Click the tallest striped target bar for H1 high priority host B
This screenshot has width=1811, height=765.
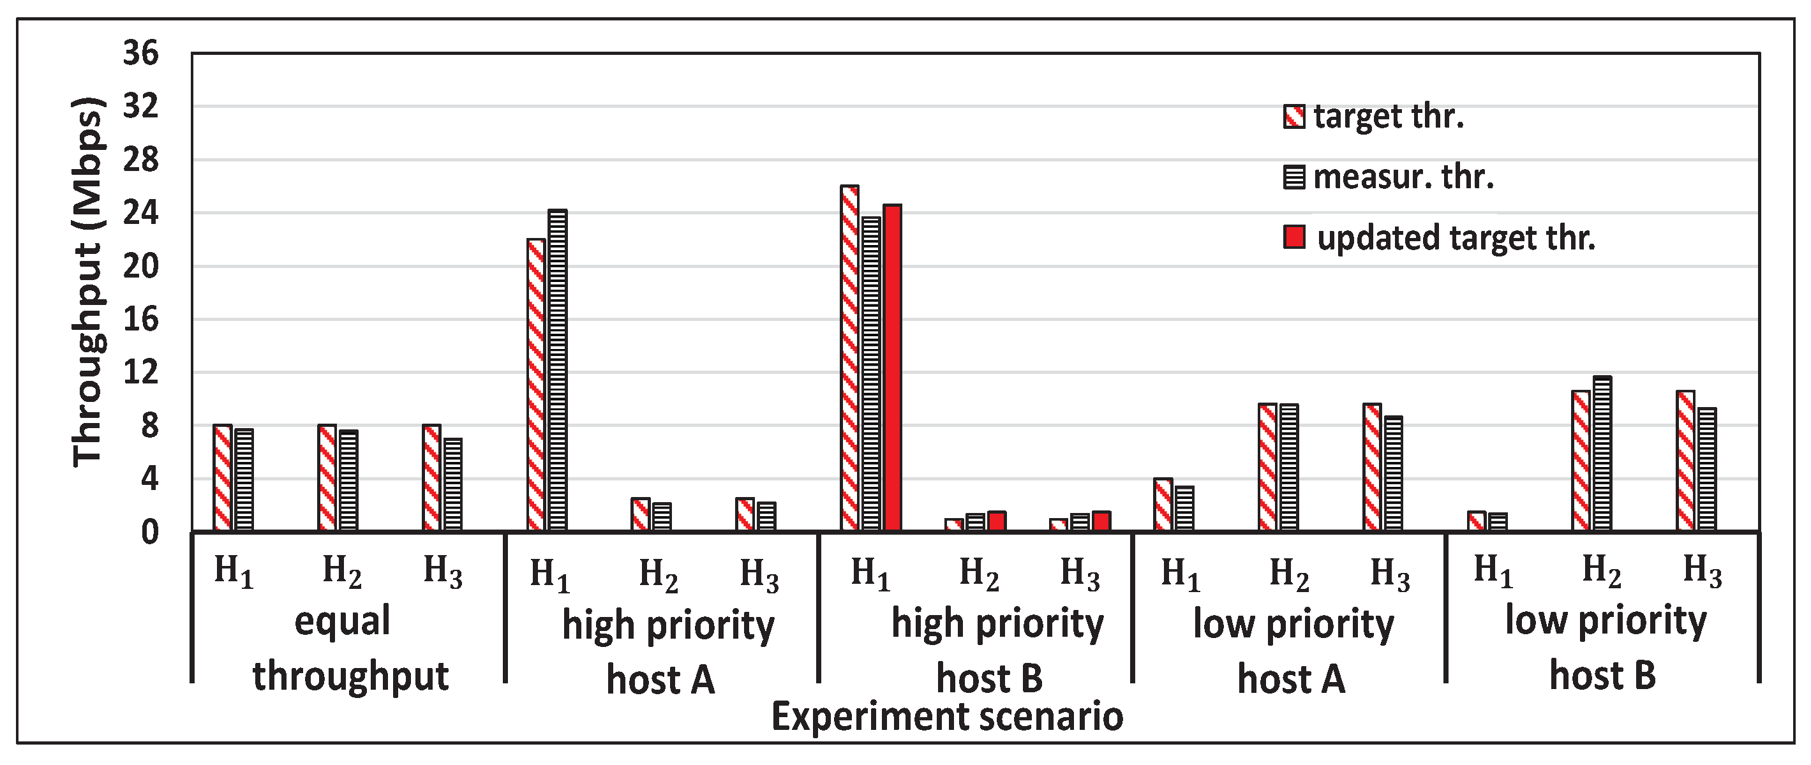pos(849,359)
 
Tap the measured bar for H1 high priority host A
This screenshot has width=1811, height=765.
pos(558,370)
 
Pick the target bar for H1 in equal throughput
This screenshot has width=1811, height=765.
pos(223,477)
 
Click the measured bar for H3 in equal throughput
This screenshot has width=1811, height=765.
pos(453,484)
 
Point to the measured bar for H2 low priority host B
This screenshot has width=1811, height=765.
pos(1603,454)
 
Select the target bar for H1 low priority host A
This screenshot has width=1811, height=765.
pos(1163,504)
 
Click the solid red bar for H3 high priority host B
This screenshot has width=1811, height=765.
pos(1101,521)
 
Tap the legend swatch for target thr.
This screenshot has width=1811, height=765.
pos(1294,117)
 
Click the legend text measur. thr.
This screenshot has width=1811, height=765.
pos(1403,177)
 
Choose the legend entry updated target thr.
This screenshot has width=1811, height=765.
pos(1456,237)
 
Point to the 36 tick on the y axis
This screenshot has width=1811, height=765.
pos(140,54)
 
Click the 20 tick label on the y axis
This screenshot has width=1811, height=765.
pos(140,267)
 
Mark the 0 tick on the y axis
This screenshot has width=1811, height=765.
pos(149,532)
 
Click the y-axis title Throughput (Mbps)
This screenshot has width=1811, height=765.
pos(89,281)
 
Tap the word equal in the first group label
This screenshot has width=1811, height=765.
pos(343,621)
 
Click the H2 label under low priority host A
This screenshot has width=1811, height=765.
pos(1288,573)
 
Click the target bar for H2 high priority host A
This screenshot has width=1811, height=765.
pos(641,514)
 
